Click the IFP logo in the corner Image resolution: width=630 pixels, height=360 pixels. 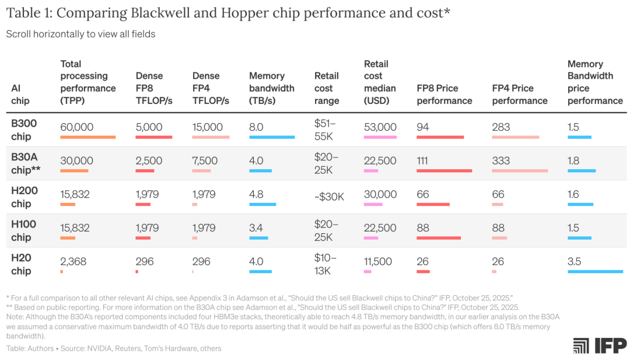pyautogui.click(x=600, y=345)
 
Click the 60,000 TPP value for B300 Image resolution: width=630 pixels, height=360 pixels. pyautogui.click(x=76, y=127)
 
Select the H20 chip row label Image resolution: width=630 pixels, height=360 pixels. pyautogui.click(x=21, y=264)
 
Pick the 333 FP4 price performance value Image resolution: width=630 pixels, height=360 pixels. pyautogui.click(x=501, y=161)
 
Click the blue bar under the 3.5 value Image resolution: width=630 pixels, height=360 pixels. pyautogui.click(x=595, y=271)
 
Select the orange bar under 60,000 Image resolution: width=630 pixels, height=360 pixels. pyautogui.click(x=88, y=137)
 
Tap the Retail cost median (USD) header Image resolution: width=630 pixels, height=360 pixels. pyautogui.click(x=380, y=82)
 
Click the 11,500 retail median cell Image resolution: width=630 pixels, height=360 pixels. pyautogui.click(x=378, y=261)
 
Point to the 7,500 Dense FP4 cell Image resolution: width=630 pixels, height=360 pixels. pyautogui.click(x=205, y=161)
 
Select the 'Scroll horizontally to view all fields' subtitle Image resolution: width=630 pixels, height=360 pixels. pyautogui.click(x=80, y=34)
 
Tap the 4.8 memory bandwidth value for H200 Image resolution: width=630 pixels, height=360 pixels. pyautogui.click(x=256, y=194)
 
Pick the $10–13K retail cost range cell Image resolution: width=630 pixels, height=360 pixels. pyautogui.click(x=325, y=264)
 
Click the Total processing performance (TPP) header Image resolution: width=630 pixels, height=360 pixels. pyautogui.click(x=88, y=82)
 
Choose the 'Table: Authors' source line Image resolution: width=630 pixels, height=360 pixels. pyautogui.click(x=114, y=348)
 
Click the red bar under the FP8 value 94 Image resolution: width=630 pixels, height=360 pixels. pyautogui.click(x=440, y=137)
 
